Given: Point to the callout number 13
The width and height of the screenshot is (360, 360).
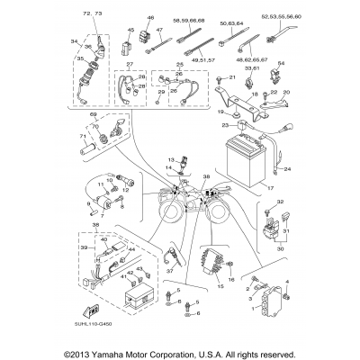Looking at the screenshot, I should tap(168, 159).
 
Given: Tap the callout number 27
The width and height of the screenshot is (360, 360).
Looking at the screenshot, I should tap(130, 67).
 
